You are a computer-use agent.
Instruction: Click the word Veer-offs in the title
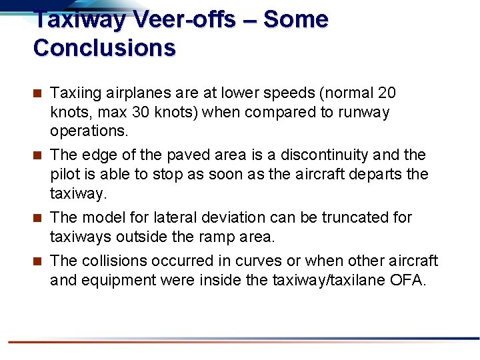point(184,20)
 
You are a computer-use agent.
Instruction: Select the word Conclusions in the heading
point(104,48)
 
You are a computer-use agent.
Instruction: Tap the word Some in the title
point(295,20)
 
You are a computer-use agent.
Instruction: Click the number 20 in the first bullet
point(387,93)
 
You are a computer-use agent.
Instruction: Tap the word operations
point(87,131)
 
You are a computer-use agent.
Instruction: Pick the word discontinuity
point(323,155)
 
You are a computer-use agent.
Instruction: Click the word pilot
point(65,174)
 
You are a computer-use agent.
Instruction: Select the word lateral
point(174,217)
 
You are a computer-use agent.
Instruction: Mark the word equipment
point(116,280)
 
